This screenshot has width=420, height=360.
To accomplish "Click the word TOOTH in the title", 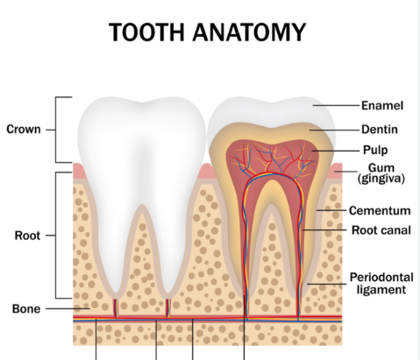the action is click(x=147, y=32).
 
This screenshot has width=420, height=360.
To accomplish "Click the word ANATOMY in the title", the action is click(x=249, y=32).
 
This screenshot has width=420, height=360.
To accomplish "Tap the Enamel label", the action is click(x=382, y=105).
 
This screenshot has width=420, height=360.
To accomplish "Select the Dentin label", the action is click(x=380, y=130).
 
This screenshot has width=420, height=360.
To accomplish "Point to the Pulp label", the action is click(x=375, y=150).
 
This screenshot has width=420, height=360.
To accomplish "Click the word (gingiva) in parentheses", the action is click(x=381, y=178).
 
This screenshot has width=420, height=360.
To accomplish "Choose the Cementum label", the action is click(x=380, y=210).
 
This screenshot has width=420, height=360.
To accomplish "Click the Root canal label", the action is click(x=381, y=230).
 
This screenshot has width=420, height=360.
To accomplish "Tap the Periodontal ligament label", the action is click(x=381, y=283).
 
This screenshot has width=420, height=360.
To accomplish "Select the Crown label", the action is click(x=24, y=130).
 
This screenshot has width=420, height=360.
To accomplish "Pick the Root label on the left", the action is click(x=27, y=236).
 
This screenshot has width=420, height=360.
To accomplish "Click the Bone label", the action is click(x=26, y=308).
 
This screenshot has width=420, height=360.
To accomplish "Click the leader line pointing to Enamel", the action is click(x=336, y=105).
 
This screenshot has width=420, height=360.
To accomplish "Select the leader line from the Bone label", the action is click(x=68, y=308).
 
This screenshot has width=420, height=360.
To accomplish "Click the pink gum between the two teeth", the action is click(x=207, y=172).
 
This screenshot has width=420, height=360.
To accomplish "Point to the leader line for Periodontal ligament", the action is click(x=326, y=284).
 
